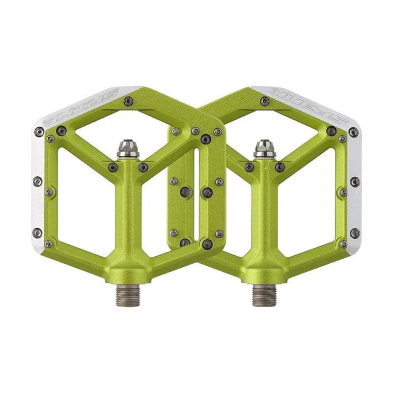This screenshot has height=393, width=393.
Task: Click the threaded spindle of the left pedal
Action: (x=128, y=295)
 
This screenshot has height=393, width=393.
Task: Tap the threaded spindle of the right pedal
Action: (x=264, y=295)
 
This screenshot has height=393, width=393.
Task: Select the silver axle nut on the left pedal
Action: (x=128, y=148)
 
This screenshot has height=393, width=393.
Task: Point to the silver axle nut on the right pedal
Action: (x=264, y=148)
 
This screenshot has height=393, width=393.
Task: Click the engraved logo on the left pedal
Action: (x=81, y=106)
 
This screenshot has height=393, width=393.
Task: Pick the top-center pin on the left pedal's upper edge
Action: (x=128, y=101)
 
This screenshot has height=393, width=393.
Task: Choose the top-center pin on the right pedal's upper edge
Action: (x=265, y=101)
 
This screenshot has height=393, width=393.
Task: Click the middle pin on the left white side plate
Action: (x=38, y=181)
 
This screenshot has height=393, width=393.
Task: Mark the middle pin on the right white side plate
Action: (x=354, y=181)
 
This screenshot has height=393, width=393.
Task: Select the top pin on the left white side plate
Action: (x=39, y=132)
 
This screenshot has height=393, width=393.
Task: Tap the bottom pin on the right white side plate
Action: (x=354, y=233)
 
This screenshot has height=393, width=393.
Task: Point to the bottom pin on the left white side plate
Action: (x=38, y=233)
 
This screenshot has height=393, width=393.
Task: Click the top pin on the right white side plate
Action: (x=353, y=132)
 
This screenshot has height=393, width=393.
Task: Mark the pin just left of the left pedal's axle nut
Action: (x=113, y=167)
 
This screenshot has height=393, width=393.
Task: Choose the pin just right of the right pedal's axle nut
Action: (x=280, y=167)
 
